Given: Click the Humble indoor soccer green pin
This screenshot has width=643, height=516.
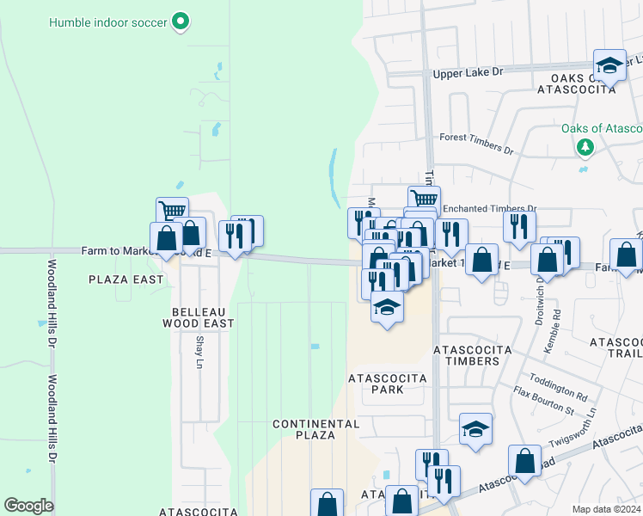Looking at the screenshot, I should [181, 21].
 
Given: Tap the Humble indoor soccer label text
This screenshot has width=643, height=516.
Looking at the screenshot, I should [109, 21].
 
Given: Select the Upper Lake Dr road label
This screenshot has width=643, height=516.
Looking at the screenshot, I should [468, 73].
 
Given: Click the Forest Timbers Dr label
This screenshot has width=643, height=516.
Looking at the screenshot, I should [475, 143].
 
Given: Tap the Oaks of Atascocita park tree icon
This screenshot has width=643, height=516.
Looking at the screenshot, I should [585, 147].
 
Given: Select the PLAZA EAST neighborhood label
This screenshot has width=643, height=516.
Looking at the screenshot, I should [126, 279].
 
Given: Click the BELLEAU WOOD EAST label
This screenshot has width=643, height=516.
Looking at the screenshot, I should [198, 316].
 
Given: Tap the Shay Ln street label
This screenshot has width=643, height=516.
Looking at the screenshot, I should [199, 353].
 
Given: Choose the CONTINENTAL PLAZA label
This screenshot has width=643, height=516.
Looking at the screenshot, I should [315, 429].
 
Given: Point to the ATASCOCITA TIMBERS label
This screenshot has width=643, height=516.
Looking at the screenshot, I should [471, 355].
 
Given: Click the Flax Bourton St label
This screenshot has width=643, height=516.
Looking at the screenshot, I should [543, 402].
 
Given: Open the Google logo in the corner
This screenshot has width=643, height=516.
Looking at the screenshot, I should [28, 505].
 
